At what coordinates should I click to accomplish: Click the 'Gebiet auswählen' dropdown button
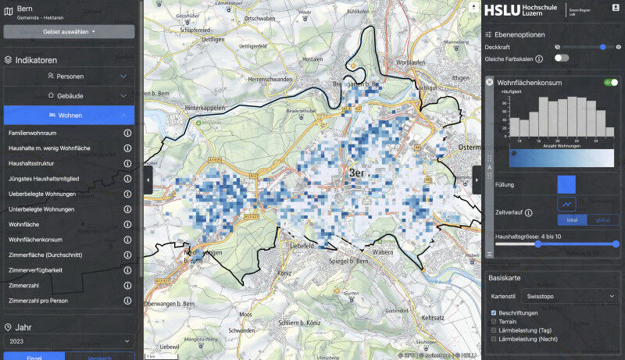[69, 31]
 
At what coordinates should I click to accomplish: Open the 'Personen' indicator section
[69, 77]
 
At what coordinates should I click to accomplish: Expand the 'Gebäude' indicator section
[69, 95]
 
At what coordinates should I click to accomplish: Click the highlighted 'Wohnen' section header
[69, 115]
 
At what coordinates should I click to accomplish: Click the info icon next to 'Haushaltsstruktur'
[127, 164]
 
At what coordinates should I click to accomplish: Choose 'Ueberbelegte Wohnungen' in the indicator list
[42, 194]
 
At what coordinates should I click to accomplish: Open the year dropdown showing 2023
[69, 341]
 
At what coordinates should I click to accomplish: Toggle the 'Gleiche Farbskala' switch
[561, 58]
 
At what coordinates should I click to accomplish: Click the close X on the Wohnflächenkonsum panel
[489, 82]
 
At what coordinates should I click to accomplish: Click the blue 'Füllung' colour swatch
[566, 184]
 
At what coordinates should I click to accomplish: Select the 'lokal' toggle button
[571, 220]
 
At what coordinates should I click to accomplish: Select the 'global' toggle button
[602, 220]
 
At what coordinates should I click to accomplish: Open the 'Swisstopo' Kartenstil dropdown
[570, 297]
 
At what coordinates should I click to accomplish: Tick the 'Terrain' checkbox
[493, 321]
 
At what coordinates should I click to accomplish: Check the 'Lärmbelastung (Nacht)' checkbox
[493, 339]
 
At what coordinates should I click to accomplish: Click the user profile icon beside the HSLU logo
[615, 8]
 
